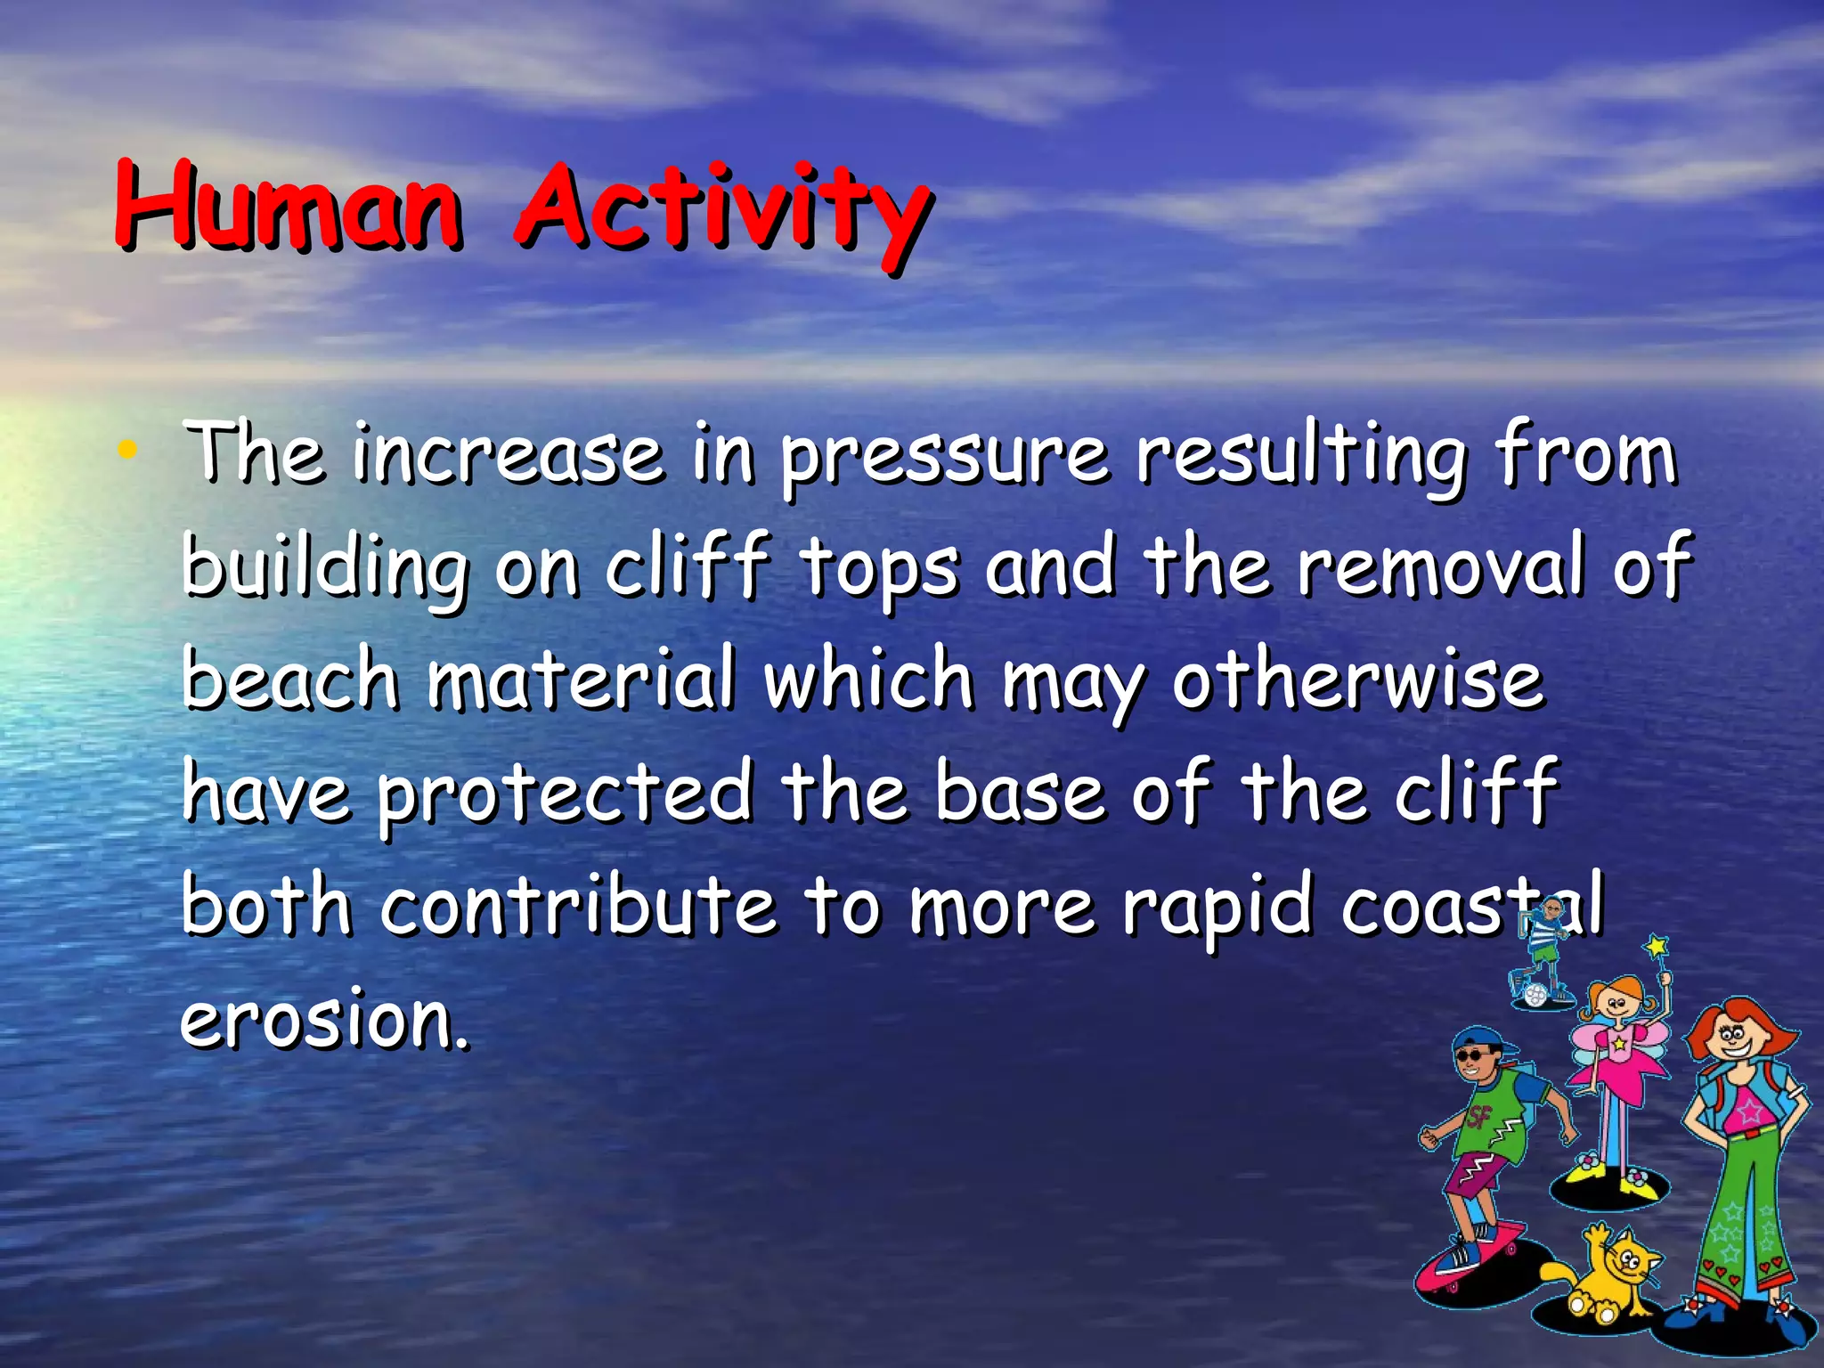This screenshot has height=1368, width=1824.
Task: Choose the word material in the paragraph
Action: [x=582, y=679]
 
